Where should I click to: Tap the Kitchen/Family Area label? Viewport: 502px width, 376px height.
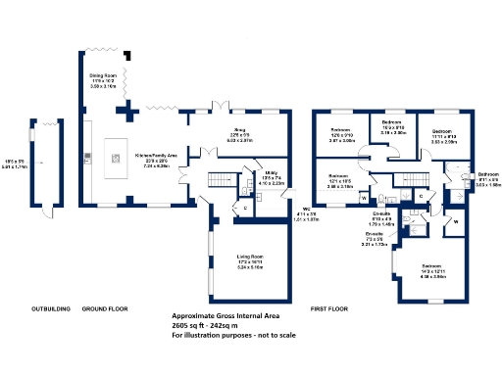[x=157, y=159]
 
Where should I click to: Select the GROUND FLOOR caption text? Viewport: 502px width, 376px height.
[x=105, y=309]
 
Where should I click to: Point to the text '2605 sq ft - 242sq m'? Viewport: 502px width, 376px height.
[x=219, y=326]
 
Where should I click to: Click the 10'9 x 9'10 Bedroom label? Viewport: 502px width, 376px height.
[x=393, y=127]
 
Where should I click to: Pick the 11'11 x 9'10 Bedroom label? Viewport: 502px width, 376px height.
[x=442, y=134]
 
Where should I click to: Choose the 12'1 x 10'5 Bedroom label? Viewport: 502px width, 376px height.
[x=340, y=181]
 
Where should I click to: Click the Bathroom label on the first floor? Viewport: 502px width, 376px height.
[x=488, y=179]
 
